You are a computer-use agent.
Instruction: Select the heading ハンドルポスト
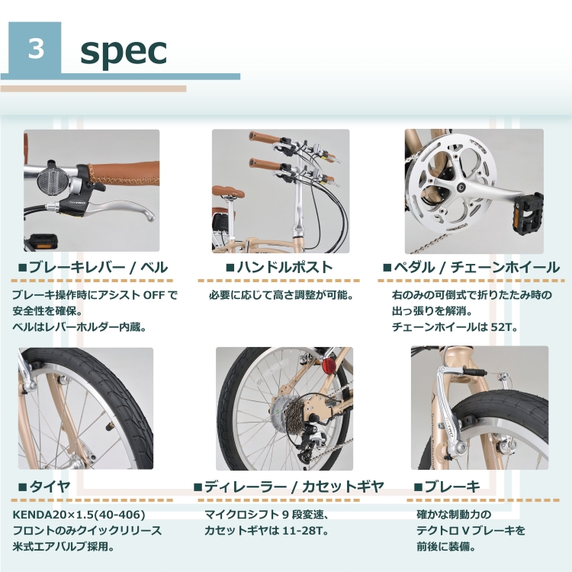pos(279,268)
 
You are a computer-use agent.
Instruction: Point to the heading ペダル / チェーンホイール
pos(471,268)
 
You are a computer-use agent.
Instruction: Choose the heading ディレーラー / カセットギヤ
pos(288,486)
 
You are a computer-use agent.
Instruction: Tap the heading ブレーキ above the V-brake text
pos(446,486)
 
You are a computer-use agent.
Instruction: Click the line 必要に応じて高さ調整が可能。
pos(281,294)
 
